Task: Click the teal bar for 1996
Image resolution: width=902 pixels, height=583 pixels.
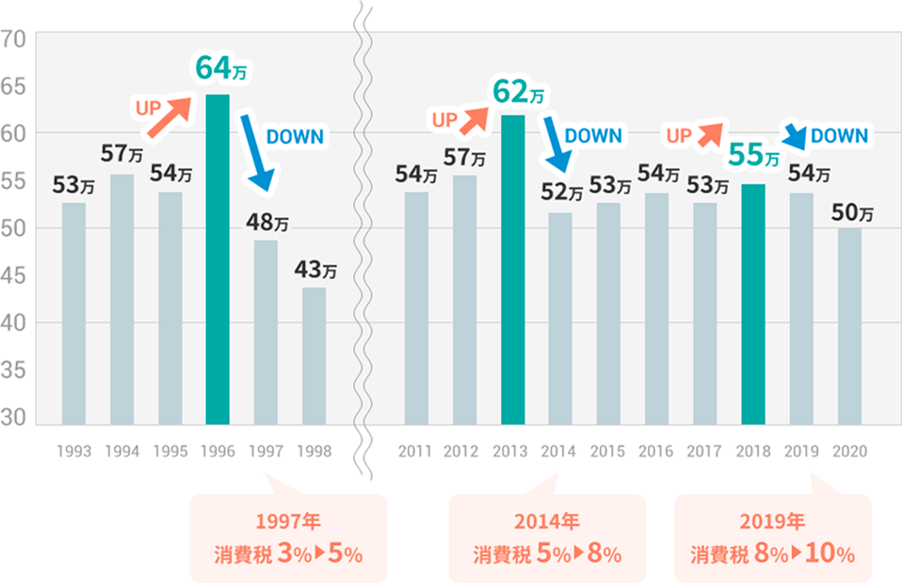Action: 217,260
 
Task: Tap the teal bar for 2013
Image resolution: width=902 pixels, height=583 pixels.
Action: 512,269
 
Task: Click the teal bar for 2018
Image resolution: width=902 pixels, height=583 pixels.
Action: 753,304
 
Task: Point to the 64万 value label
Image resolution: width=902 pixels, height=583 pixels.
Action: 221,68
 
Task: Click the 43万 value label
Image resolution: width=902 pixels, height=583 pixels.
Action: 315,269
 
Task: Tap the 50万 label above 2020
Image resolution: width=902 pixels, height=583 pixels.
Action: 852,213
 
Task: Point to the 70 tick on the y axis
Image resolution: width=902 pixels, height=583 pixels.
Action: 14,39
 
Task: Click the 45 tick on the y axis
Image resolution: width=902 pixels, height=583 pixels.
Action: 14,276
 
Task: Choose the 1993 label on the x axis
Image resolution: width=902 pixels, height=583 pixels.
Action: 74,451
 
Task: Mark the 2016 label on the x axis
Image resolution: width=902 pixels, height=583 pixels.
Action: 656,451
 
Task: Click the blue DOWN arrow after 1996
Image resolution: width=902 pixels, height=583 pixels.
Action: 257,152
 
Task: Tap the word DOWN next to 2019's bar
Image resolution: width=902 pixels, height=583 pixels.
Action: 839,136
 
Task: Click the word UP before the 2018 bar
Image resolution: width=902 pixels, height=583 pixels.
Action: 679,136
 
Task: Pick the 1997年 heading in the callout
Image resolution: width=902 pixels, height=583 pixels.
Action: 288,522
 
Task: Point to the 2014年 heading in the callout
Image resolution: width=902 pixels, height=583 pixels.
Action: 546,522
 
